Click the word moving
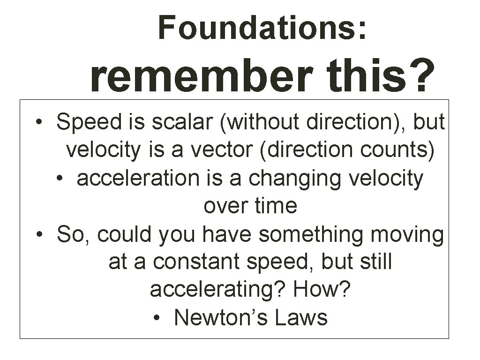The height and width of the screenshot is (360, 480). click(406, 234)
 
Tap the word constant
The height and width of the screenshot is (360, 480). click(196, 262)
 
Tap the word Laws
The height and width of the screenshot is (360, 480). click(301, 318)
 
